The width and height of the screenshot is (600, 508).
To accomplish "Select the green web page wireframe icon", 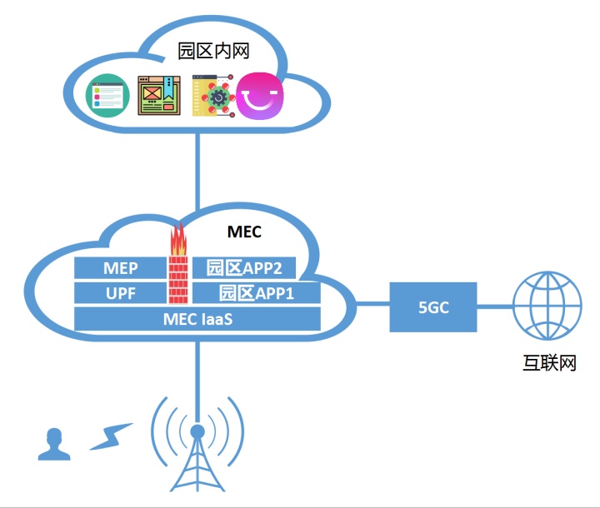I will tap(158, 96).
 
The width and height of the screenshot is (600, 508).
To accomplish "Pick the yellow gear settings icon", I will tap(211, 97).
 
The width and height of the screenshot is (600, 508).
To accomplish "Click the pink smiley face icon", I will tap(259, 96).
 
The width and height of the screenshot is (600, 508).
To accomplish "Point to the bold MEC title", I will tap(244, 231).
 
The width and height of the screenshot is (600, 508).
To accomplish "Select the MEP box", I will tap(121, 267).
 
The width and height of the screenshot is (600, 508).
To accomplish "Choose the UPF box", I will tap(121, 293).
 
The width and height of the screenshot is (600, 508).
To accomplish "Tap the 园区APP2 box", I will tap(244, 267).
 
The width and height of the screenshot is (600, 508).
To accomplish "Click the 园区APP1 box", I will tap(256, 293).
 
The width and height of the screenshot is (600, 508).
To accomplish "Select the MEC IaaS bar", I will tap(197, 318).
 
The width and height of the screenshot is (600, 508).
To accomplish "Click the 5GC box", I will tap(433, 306).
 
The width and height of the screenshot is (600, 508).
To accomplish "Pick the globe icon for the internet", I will tap(547, 306).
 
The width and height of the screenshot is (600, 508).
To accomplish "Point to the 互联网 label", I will tap(547, 364).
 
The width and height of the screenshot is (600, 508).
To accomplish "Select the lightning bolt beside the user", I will tap(110, 436).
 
